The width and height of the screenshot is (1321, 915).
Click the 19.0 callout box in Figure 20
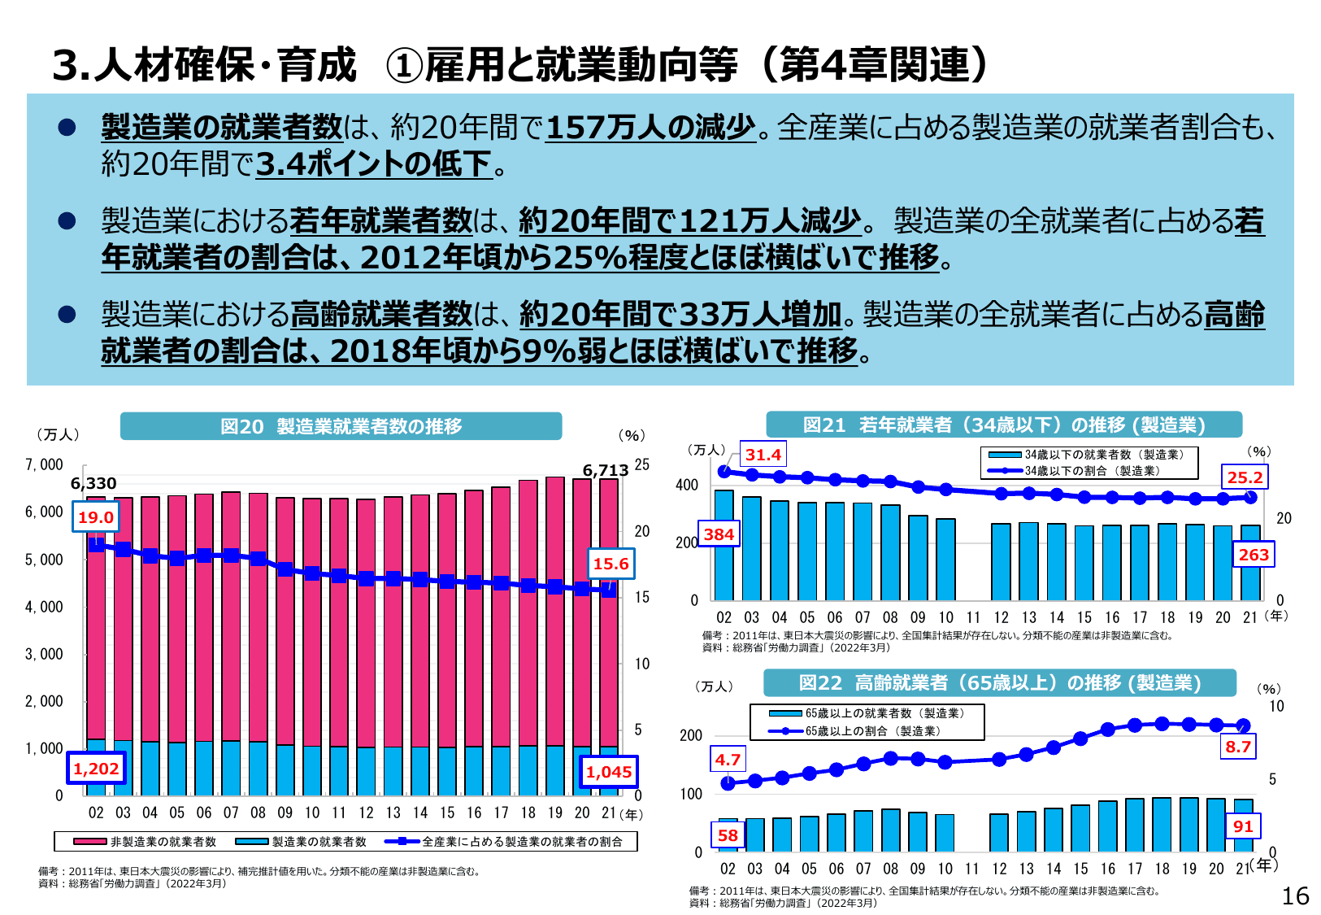[x=95, y=517]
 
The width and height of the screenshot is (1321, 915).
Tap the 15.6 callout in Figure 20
[x=611, y=564]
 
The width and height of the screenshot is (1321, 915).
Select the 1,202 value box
[x=96, y=769]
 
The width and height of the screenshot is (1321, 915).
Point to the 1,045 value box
[x=609, y=772]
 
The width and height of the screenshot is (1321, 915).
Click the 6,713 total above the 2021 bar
[x=605, y=470]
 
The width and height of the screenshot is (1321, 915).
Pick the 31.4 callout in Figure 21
[x=763, y=455]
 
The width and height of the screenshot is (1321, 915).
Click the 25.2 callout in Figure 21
[x=1245, y=477]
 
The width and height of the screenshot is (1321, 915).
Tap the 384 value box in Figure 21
[x=719, y=534]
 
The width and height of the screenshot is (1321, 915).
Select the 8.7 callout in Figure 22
[x=1238, y=747]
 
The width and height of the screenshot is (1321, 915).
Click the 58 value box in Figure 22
[x=728, y=835]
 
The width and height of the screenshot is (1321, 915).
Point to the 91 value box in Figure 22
[x=1243, y=826]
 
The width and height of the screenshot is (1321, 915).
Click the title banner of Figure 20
[x=341, y=426]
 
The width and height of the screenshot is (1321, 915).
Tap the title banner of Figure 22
[x=999, y=682]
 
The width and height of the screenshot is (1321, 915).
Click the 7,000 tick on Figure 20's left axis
[x=44, y=464]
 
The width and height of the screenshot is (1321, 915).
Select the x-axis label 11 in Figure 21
[x=973, y=617]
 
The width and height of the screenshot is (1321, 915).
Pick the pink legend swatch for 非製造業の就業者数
[x=89, y=842]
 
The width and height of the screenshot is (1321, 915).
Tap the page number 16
[x=1295, y=895]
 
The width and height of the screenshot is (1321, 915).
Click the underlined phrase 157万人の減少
[x=650, y=127]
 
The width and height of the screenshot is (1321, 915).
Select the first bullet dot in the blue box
[x=67, y=127]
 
